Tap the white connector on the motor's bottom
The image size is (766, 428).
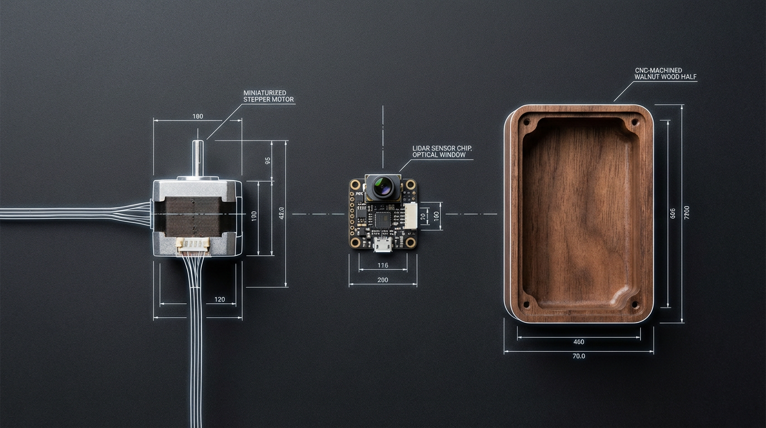193,244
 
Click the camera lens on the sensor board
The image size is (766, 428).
383,187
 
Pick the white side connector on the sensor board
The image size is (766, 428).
410,215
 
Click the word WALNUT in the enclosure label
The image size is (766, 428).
648,77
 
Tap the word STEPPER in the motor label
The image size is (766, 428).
257,100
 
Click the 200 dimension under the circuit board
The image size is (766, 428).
383,280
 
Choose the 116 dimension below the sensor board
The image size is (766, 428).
382,265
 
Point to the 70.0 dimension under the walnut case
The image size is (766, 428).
579,356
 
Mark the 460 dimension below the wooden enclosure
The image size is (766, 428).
578,342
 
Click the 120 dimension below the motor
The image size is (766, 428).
220,300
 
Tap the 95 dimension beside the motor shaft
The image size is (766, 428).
268,160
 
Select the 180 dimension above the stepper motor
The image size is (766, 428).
198,116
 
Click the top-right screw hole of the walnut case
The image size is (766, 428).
634,121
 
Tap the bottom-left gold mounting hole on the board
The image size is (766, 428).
355,242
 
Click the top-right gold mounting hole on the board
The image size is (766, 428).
411,184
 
